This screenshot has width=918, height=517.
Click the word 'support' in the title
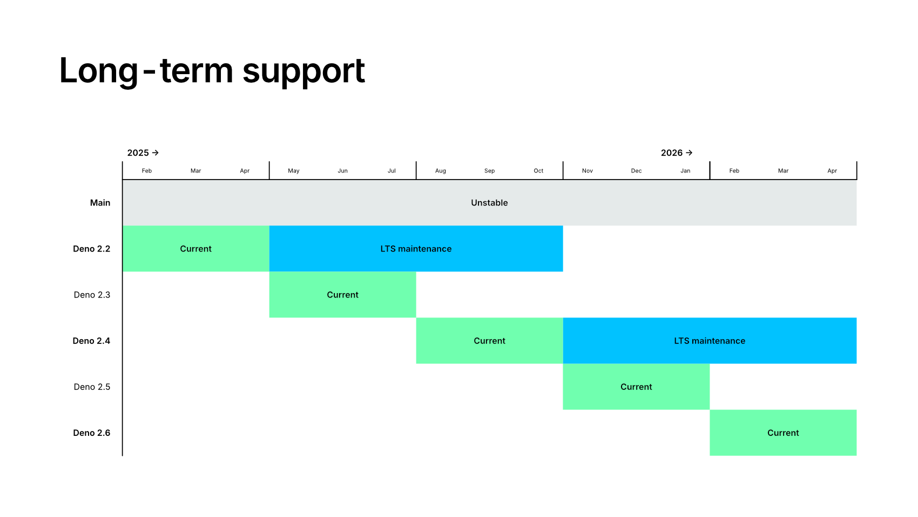tap(303, 71)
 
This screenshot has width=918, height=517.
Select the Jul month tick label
tap(391, 171)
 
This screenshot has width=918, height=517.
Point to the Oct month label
tap(538, 171)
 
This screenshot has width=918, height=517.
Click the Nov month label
tap(588, 171)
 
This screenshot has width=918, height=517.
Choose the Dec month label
tap(636, 171)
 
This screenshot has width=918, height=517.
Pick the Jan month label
tap(685, 171)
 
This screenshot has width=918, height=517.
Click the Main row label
tap(100, 203)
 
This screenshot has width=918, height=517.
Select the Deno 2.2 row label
tap(91, 249)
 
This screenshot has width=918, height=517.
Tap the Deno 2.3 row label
tap(92, 295)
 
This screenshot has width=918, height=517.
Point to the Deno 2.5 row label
tap(92, 387)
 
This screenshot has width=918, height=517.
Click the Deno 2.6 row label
tap(91, 433)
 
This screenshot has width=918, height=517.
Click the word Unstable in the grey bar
tap(489, 203)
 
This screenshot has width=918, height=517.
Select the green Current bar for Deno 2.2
tap(195, 249)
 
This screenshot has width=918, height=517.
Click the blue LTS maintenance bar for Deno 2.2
tap(416, 249)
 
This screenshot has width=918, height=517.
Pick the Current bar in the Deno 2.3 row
tap(342, 295)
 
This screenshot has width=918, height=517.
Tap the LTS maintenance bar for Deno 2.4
tap(710, 341)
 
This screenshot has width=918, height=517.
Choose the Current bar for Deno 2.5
tap(636, 387)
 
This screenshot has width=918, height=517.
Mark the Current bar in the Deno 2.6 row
tap(783, 433)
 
